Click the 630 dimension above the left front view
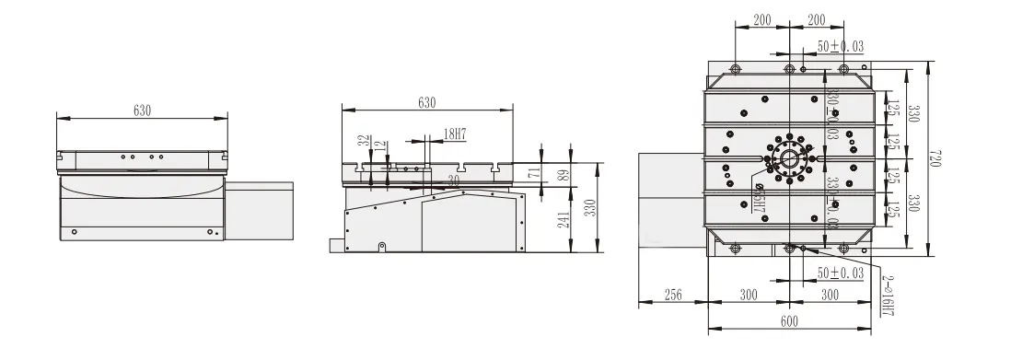142,110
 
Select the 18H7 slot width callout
454,134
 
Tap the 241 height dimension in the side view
564,218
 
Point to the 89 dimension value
564,173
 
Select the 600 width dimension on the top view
789,321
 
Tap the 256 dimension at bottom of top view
673,295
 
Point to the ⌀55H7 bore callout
759,198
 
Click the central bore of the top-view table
789,158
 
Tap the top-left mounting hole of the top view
735,69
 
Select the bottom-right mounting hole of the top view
844,248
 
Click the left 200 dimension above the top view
761,19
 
